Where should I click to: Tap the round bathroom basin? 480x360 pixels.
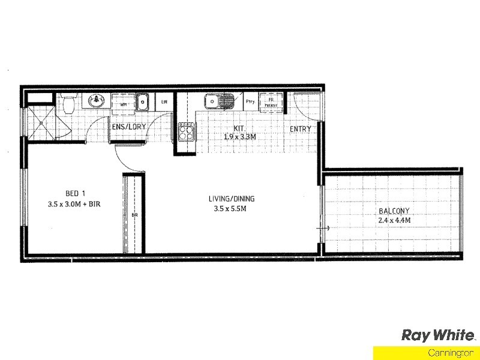[96, 101]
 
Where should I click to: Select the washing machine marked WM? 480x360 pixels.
[124, 103]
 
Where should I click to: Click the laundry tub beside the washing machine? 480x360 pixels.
[142, 102]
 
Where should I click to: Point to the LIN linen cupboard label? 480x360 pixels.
[164, 103]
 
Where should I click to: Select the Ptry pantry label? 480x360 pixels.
[251, 102]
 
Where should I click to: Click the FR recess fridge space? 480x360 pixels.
[271, 102]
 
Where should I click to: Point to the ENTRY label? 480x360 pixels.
[301, 129]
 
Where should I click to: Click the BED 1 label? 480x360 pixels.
[76, 193]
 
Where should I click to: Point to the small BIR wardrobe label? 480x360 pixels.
[134, 214]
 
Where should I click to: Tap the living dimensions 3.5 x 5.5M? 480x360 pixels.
[230, 209]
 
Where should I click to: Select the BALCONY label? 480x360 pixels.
[394, 211]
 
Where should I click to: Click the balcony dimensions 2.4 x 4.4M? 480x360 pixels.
[394, 220]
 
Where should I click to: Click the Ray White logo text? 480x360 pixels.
[438, 335]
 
